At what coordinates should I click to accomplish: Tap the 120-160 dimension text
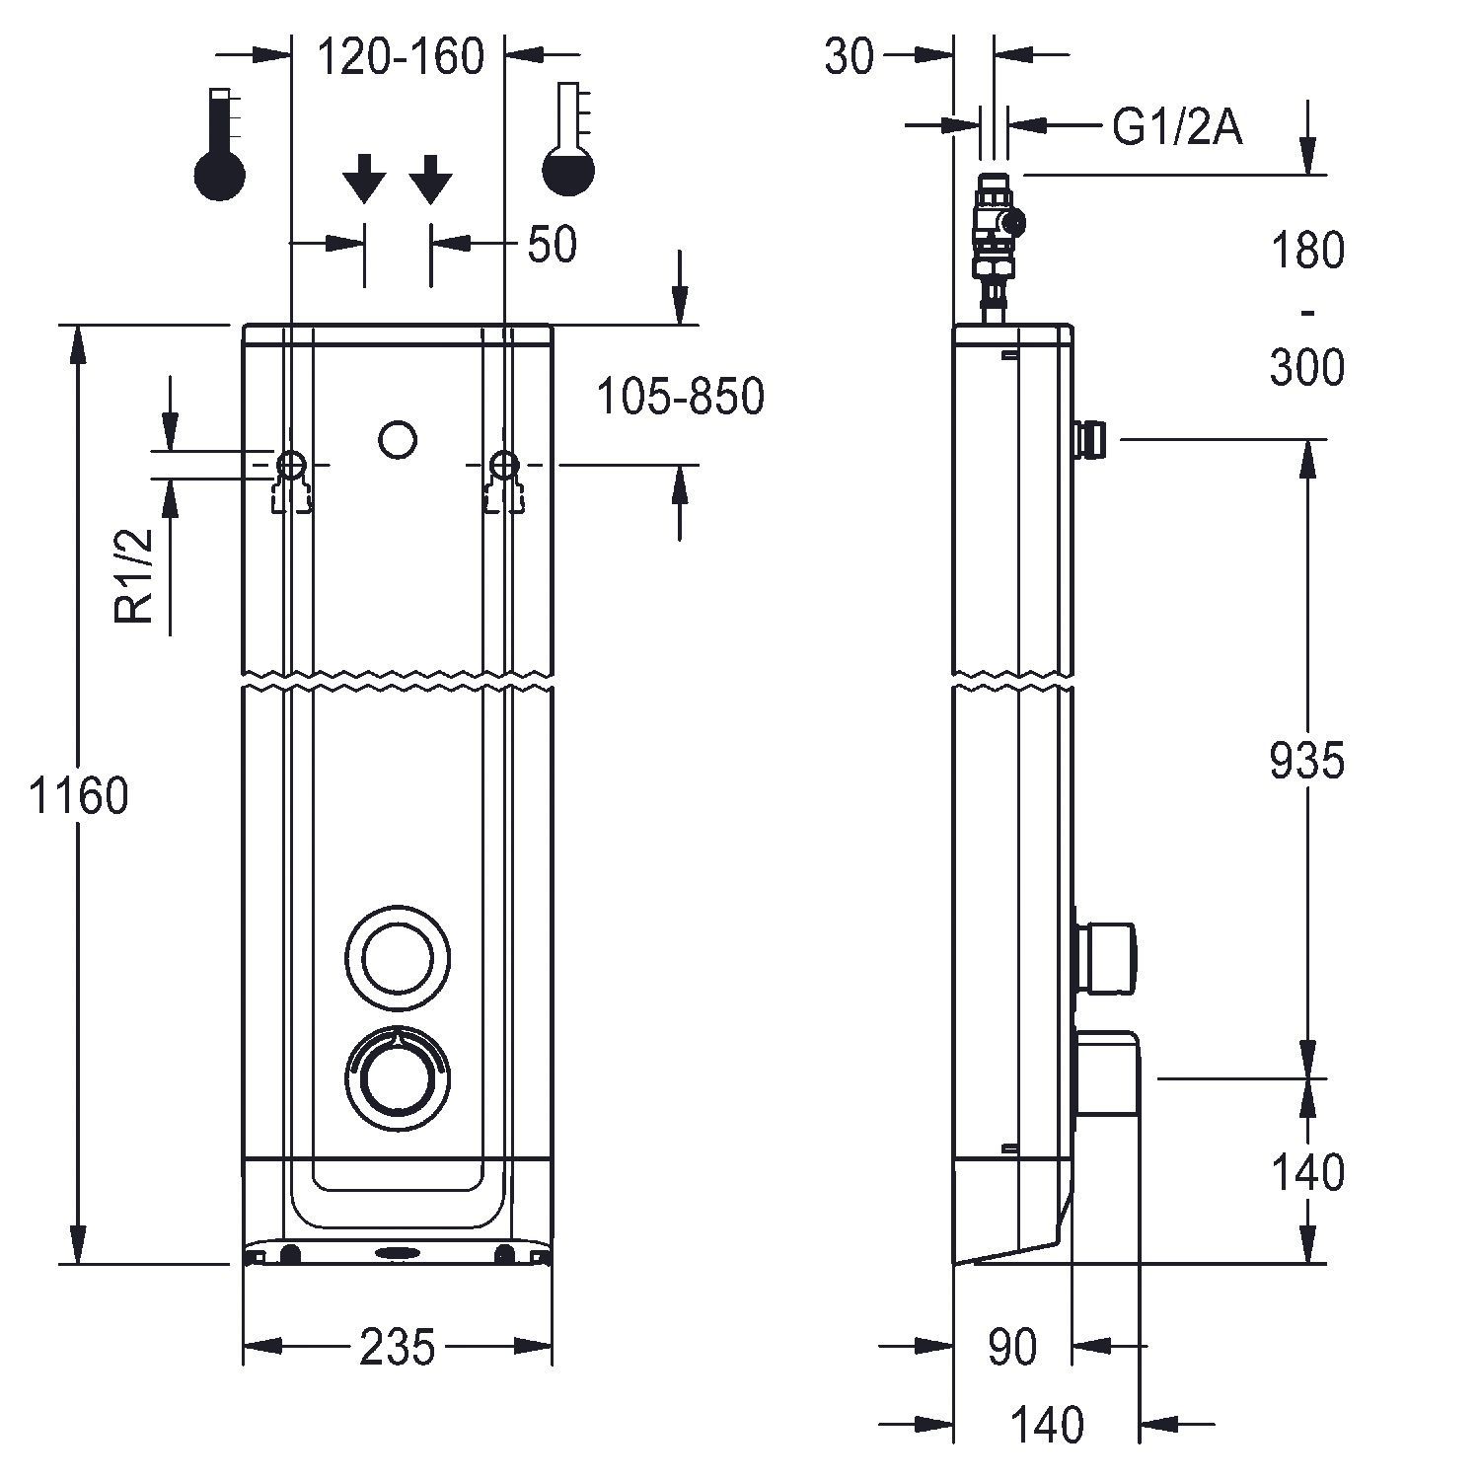[x=401, y=57]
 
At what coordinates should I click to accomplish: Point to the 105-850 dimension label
[x=681, y=397]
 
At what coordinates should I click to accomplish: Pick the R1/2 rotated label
[x=136, y=576]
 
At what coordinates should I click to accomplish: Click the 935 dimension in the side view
[x=1306, y=761]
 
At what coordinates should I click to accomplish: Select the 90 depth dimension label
[x=1012, y=1348]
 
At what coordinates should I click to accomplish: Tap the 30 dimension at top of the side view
[x=850, y=57]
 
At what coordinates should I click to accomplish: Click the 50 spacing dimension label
[x=552, y=245]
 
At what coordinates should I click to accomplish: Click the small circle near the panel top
[x=398, y=439]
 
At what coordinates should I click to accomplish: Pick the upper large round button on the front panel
[x=398, y=956]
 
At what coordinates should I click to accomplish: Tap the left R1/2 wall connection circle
[x=291, y=463]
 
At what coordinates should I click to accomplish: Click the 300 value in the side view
[x=1306, y=368]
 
